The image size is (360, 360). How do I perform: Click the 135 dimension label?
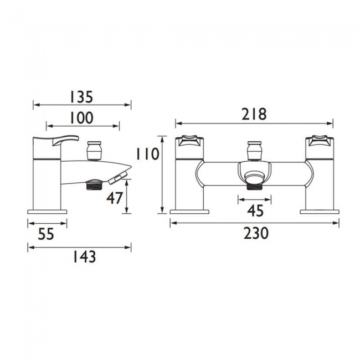coord(81,97)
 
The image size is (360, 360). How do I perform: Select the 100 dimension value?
coord(81,118)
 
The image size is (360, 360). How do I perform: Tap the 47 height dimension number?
coord(115,198)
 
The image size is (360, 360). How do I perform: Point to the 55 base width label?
coord(46,234)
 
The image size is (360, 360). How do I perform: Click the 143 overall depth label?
coord(84,256)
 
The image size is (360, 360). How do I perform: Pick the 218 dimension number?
coord(254,114)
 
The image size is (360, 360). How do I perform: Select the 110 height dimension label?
coord(147,154)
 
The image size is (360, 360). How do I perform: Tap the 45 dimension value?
coord(255,211)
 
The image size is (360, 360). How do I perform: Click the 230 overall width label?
coord(256,233)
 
